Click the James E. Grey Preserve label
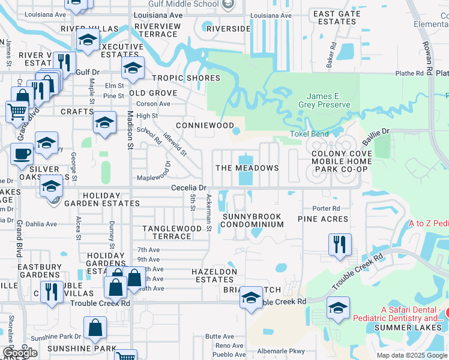(328, 100)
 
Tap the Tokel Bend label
(309, 134)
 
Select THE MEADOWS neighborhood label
(247, 168)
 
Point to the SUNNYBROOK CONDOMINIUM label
(252, 220)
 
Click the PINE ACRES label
(323, 220)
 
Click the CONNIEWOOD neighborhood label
(204, 125)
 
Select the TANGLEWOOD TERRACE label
(172, 232)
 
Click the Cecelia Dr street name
(188, 188)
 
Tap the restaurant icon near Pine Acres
(340, 244)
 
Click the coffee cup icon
(22, 154)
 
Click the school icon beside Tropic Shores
(133, 68)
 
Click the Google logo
(20, 353)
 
